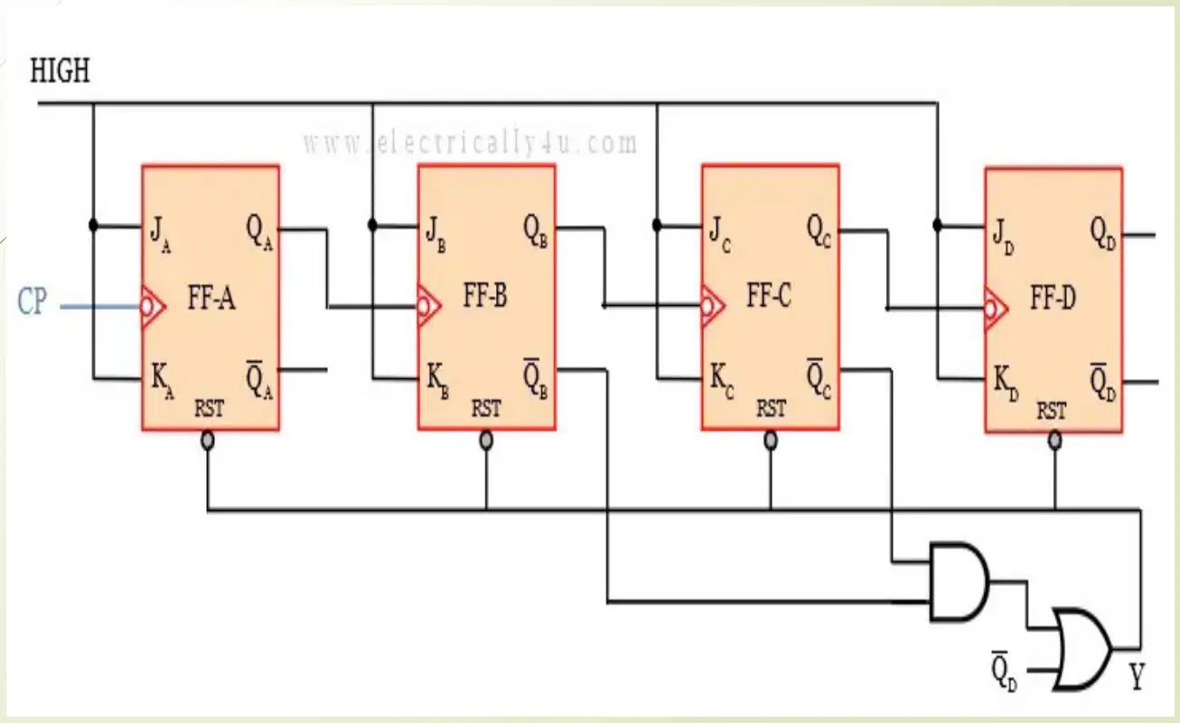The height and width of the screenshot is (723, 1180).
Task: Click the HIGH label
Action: [x=60, y=70]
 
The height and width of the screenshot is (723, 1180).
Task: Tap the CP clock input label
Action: [x=33, y=301]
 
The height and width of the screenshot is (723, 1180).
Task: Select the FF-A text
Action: [x=211, y=298]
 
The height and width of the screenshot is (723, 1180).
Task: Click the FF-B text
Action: [x=485, y=295]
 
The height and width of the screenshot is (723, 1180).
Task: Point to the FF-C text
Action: [x=769, y=295]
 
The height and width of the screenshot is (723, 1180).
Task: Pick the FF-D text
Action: [x=1053, y=298]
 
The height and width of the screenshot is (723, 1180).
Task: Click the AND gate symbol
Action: [x=960, y=582]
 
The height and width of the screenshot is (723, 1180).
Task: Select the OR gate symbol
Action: [x=1082, y=649]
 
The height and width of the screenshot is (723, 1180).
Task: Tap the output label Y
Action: [x=1137, y=676]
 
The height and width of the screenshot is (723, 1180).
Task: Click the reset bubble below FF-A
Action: [x=208, y=440]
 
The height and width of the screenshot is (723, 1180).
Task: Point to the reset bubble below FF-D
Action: [x=1054, y=440]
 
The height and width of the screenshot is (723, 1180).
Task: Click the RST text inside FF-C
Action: [x=772, y=408]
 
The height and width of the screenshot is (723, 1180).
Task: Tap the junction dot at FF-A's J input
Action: [x=94, y=226]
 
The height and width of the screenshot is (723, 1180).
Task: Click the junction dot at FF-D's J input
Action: [x=937, y=226]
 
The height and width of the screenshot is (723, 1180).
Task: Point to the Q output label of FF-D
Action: [x=1102, y=234]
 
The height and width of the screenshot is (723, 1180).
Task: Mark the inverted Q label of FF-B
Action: [x=535, y=379]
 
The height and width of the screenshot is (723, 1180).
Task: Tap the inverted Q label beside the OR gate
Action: [x=1005, y=672]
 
